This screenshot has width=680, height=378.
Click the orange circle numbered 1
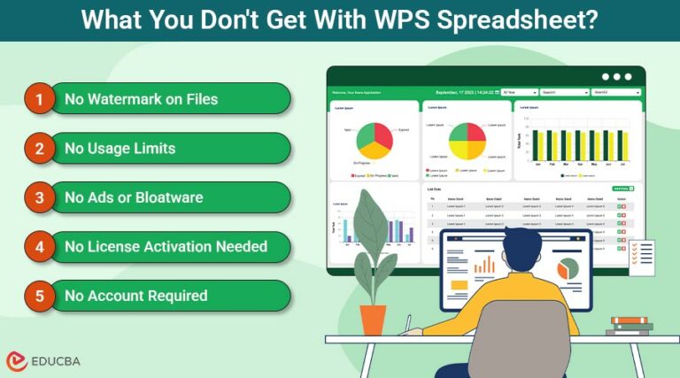click(39, 99)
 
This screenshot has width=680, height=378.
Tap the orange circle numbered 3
click(39, 197)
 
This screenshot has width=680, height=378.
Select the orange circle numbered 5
click(39, 296)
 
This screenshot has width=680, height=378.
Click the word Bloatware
click(169, 197)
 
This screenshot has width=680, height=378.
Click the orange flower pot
click(373, 319)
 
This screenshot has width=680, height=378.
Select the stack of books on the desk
click(630, 325)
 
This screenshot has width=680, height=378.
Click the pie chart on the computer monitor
click(567, 266)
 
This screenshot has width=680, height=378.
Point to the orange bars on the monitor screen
click(484, 263)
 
